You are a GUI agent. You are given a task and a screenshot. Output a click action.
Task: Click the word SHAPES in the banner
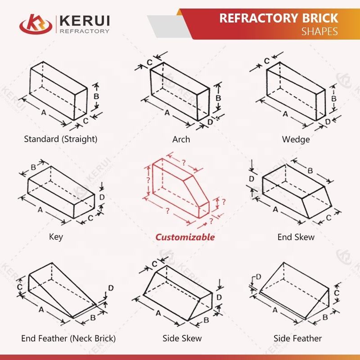click(319, 31)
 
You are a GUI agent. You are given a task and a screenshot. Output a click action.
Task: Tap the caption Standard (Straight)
click(60, 139)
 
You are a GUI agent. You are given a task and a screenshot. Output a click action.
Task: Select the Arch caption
click(181, 139)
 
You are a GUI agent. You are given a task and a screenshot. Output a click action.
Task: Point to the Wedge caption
click(296, 139)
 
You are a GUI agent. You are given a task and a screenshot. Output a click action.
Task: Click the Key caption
click(56, 237)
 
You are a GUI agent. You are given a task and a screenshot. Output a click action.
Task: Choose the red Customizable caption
click(185, 237)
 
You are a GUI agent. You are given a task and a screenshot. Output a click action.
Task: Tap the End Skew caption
click(296, 237)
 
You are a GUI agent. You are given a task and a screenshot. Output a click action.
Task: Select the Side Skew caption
click(182, 338)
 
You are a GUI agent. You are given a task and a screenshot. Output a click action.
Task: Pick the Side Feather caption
click(297, 338)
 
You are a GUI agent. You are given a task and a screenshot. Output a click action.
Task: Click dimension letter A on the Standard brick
click(44, 113)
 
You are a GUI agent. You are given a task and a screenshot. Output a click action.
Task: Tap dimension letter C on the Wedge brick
click(266, 60)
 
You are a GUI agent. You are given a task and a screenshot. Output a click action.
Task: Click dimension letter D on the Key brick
click(102, 197)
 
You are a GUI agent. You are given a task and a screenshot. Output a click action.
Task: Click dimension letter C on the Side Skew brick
click(155, 264)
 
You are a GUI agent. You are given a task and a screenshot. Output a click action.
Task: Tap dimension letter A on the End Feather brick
click(41, 310)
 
